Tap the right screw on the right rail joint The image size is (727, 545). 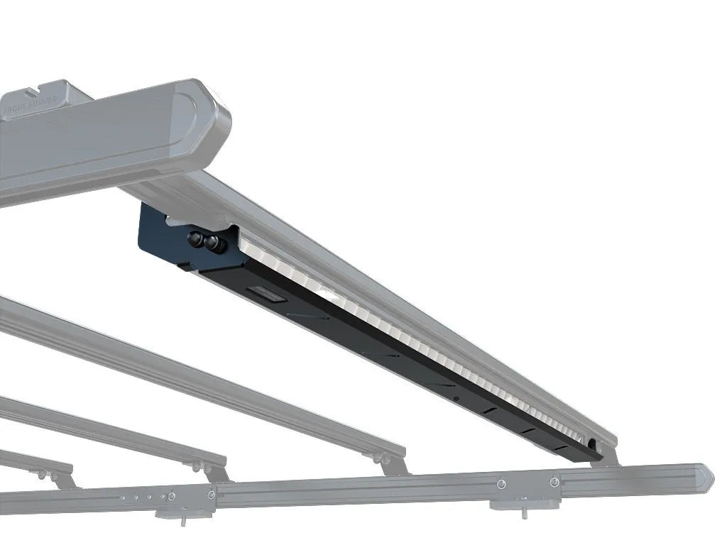click(x=554, y=482)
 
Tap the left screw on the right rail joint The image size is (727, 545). click(x=502, y=483)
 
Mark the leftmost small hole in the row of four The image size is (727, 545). click(x=122, y=499)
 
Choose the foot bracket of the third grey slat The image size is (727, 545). click(x=214, y=471)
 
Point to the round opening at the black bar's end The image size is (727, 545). click(x=591, y=444)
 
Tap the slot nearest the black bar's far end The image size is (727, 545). click(x=560, y=448)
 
